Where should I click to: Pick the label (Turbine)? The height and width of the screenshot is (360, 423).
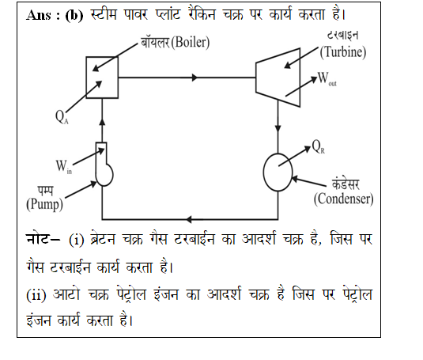343,52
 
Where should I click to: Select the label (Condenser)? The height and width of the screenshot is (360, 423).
343,199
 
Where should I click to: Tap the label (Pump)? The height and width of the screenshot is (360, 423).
44,204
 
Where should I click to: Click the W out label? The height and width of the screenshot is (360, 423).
327,78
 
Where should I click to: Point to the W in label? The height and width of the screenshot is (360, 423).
64,166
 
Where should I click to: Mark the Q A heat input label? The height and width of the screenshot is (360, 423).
62,117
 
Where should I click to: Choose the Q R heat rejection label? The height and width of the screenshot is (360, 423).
319,147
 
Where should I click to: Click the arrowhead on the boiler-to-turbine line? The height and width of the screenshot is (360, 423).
195,78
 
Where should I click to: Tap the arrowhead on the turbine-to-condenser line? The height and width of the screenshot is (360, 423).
278,128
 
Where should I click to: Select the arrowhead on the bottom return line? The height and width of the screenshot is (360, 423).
189,219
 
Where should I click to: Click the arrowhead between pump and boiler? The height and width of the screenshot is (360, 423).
102,122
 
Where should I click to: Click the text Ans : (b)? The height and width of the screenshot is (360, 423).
55,15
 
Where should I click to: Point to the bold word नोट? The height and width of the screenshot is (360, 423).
39,239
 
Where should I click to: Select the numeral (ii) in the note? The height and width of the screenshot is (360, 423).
36,294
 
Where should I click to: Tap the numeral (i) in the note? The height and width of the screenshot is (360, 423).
77,240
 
